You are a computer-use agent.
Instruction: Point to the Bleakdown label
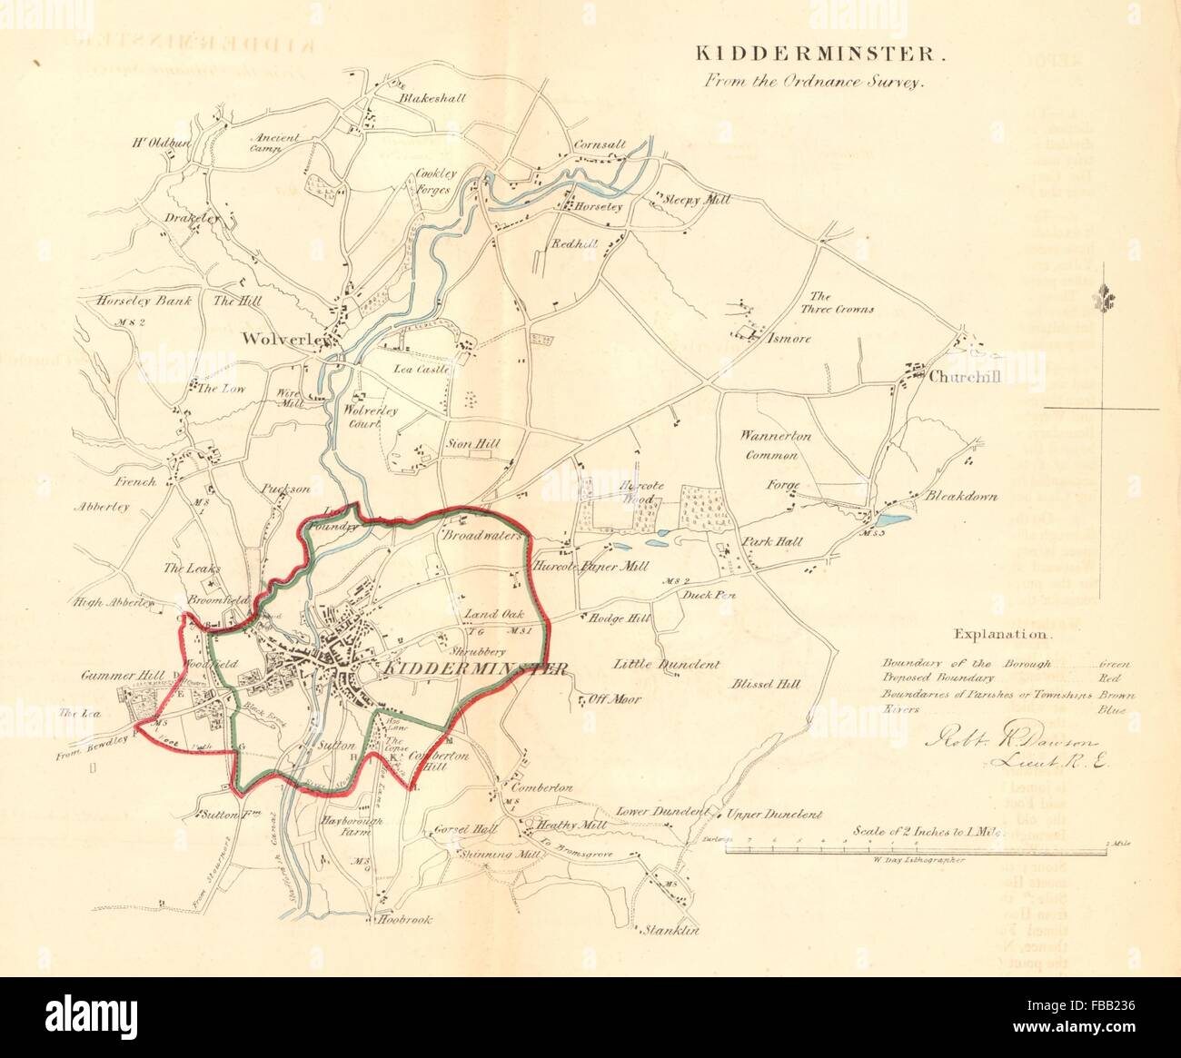pyautogui.click(x=961, y=497)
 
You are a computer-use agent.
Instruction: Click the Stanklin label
pyautogui.click(x=671, y=930)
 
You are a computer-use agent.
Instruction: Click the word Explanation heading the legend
pyautogui.click(x=1000, y=635)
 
